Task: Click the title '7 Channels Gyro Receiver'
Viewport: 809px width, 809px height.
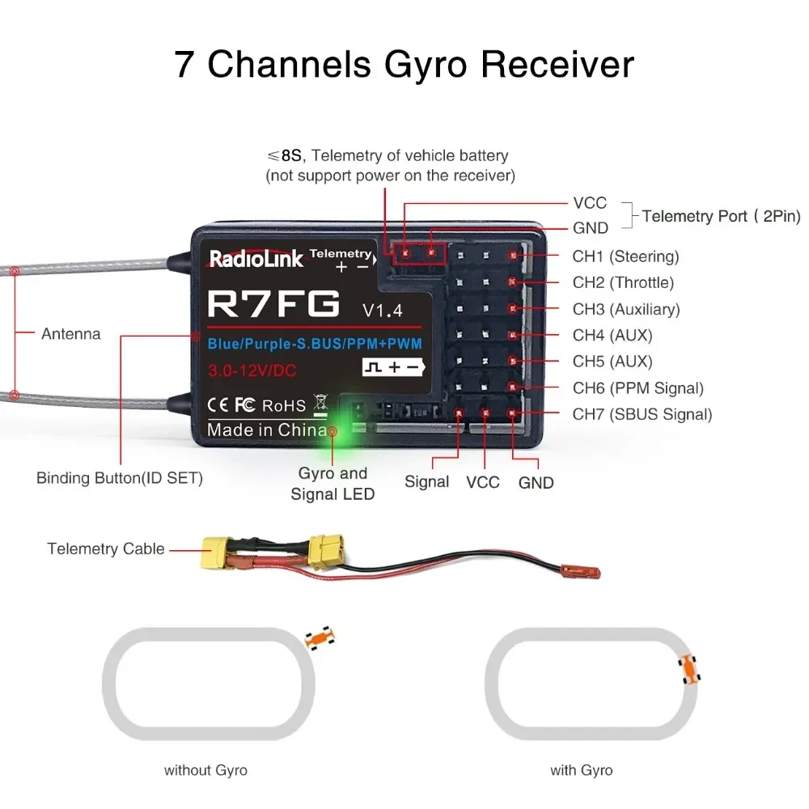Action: point(404,65)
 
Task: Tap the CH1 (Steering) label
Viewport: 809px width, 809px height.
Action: point(625,256)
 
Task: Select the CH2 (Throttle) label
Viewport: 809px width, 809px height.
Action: point(623,282)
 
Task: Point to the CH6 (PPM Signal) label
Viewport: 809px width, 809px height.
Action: point(637,388)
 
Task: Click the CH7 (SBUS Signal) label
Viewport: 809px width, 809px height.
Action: point(642,414)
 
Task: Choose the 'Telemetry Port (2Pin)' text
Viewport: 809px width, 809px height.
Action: point(721,216)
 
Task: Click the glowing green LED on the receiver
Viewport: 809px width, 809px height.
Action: point(332,431)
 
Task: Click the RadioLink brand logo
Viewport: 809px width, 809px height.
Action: point(256,258)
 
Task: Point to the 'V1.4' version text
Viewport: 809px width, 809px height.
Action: point(382,309)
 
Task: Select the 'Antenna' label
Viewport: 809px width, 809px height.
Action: point(71,333)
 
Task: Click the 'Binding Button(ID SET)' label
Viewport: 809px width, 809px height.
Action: point(120,478)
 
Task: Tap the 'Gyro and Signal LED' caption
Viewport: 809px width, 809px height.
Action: point(332,483)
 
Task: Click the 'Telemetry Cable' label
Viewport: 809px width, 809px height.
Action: point(106,549)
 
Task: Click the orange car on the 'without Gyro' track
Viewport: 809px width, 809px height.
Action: point(320,637)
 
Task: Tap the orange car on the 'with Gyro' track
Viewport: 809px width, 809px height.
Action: point(689,669)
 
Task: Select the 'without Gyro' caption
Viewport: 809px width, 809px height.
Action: point(205,770)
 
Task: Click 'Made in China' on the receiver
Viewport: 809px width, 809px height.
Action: point(267,430)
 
